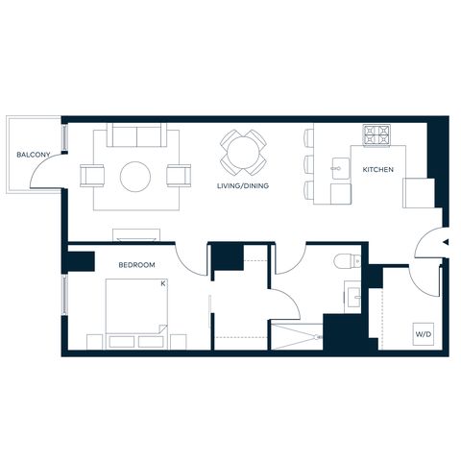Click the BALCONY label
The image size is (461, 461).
point(34,155)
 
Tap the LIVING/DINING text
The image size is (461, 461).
point(243,185)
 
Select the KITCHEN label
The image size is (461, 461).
point(377,169)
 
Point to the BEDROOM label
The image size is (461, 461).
point(136,265)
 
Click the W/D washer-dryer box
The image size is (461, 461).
point(424,334)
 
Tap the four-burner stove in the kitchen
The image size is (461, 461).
point(376,134)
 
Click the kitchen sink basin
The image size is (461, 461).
point(341,168)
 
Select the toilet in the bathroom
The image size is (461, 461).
point(347,261)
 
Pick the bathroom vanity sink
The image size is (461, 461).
point(353,297)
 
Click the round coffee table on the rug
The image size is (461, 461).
point(135,177)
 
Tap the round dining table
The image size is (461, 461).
point(243,153)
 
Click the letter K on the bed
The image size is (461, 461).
point(163,283)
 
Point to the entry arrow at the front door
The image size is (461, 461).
point(446,242)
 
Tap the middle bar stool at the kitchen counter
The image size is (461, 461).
point(308,164)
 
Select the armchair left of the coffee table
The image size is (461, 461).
point(92,176)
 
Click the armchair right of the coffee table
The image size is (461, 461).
point(179,176)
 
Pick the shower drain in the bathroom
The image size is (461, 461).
point(319,337)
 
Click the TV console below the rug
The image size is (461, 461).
point(136,234)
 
